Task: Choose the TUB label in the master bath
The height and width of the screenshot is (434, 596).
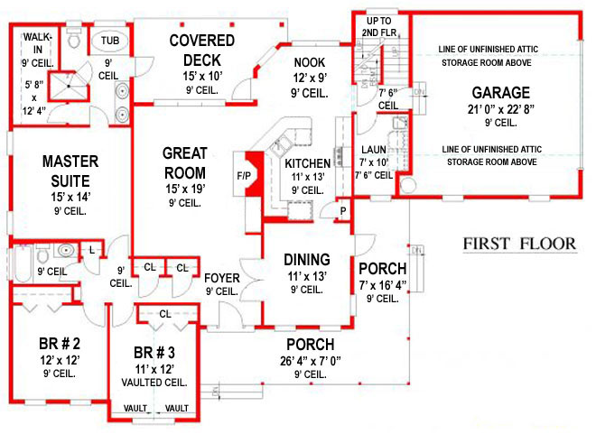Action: tap(110, 42)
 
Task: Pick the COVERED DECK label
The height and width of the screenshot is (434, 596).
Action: tap(201, 49)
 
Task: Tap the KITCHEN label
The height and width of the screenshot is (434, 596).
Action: tap(307, 163)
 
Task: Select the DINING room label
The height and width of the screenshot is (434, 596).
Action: tap(307, 260)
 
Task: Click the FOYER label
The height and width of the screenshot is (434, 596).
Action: tap(221, 278)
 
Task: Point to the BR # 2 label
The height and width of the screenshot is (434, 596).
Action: tap(59, 345)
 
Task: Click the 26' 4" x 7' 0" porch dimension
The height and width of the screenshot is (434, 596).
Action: tap(310, 361)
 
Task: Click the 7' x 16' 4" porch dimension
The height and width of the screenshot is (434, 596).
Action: tap(383, 284)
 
